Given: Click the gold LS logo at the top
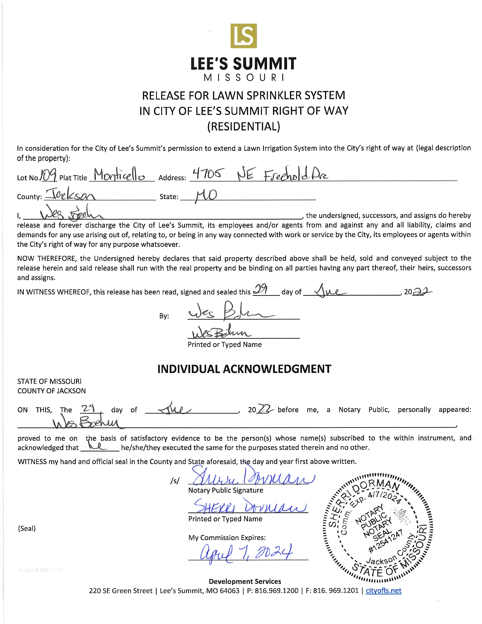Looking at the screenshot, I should [244, 36].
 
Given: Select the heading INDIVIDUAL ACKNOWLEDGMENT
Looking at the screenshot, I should [244, 369].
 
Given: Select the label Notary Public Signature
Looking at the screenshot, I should [226, 490].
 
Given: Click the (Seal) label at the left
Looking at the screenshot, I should [27, 528].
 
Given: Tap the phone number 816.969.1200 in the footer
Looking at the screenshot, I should [276, 591].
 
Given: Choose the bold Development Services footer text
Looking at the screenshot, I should [245, 581].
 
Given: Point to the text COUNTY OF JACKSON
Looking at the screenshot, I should [51, 391].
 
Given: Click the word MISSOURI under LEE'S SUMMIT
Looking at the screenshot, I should [244, 78].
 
